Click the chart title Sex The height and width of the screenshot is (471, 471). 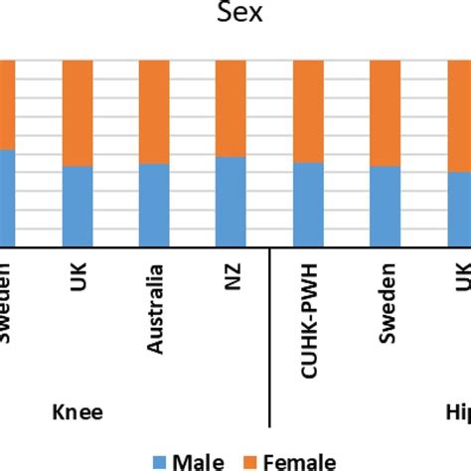[x=235, y=16]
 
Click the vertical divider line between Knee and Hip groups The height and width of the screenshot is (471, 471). [x=270, y=338]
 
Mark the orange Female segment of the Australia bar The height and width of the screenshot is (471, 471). [x=154, y=111]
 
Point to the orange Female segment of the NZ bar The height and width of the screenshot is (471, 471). [x=231, y=107]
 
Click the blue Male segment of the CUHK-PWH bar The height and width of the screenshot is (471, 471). [x=308, y=205]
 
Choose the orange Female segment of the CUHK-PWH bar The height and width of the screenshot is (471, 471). [x=308, y=110]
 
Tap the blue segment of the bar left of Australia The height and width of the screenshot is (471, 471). [x=78, y=207]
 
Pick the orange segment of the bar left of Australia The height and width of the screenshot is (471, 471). [x=78, y=112]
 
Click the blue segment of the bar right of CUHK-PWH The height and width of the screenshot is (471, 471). [x=385, y=207]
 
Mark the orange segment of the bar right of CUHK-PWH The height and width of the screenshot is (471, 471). [x=385, y=112]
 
